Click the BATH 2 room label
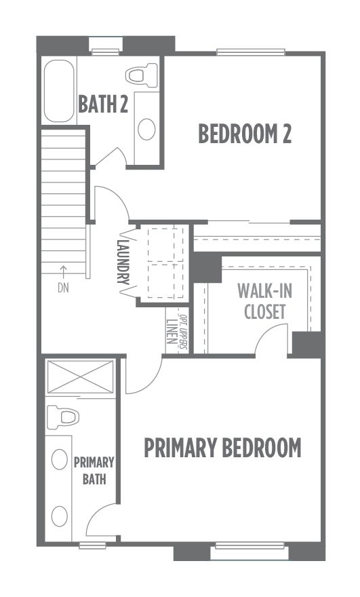click(103, 104)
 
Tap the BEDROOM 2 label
click(245, 134)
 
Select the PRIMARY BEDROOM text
click(222, 448)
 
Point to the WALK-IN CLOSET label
click(265, 301)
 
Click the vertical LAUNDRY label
click(123, 262)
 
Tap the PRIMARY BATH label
click(94, 471)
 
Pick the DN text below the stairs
click(63, 288)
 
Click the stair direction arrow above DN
click(63, 273)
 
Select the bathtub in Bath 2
click(59, 91)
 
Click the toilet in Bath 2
click(141, 75)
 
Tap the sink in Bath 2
click(146, 129)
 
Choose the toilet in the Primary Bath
click(63, 417)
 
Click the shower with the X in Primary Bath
click(80, 377)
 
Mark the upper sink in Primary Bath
click(60, 459)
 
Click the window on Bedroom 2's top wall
click(251, 52)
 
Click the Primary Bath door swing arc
click(97, 512)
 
